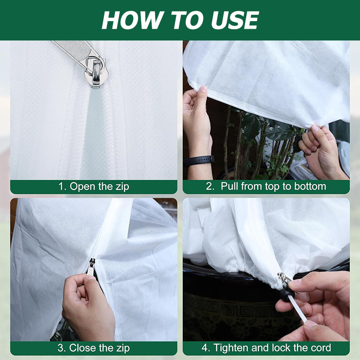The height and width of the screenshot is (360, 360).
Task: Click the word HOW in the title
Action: (126, 20)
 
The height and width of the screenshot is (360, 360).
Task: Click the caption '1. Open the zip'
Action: (94, 186)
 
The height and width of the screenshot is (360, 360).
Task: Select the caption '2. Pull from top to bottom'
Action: (266, 186)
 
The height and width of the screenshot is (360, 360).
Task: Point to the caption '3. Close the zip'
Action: (94, 348)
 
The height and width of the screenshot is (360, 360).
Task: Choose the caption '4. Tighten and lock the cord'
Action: (266, 348)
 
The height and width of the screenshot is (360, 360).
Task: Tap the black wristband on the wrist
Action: (199, 161)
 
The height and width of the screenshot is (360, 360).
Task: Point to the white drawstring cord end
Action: (300, 310)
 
